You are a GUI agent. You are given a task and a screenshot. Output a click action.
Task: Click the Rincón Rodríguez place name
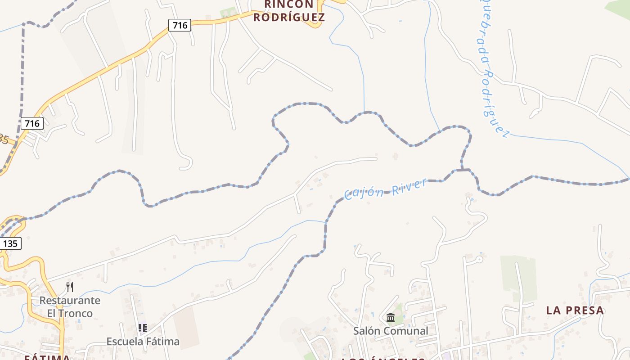tap(288, 11)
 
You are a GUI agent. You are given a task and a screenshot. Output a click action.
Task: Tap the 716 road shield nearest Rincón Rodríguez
tap(180, 25)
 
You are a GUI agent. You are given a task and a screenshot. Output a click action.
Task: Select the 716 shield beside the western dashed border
tap(32, 123)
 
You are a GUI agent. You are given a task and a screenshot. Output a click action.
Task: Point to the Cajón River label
tap(385, 189)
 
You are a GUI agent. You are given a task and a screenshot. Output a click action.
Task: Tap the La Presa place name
tap(575, 310)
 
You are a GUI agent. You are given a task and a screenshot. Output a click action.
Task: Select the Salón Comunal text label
tap(390, 331)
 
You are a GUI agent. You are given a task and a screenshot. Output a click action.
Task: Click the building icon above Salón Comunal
tap(390, 318)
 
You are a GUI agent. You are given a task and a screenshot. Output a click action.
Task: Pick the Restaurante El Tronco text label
tap(70, 306)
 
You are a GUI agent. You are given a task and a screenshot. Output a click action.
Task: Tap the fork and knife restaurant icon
tap(70, 287)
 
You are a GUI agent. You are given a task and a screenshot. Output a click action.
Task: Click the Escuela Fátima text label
tap(143, 342)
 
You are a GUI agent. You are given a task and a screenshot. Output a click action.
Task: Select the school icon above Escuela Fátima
tap(143, 328)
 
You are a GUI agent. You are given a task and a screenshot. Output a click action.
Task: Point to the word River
tap(409, 185)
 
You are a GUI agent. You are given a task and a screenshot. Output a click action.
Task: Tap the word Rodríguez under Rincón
tap(288, 17)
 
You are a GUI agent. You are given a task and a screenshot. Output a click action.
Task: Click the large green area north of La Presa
tap(518, 277)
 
